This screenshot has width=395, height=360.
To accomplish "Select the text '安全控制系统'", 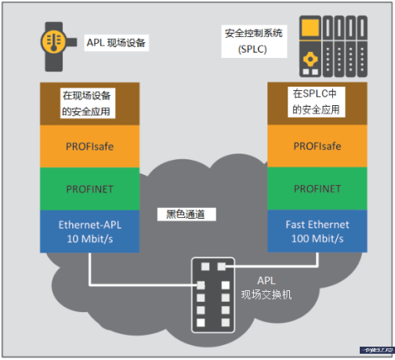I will pos(252,34).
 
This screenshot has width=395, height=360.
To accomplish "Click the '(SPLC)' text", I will pos(252,50).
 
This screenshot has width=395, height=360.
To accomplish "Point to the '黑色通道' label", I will pos(186,213).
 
